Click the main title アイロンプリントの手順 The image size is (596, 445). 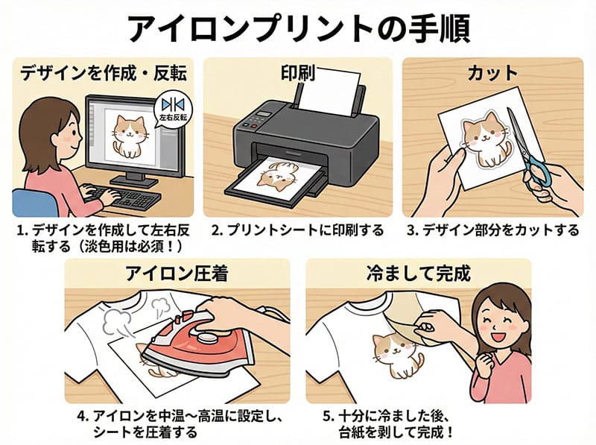point(298,28)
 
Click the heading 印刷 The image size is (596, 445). point(297,72)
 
